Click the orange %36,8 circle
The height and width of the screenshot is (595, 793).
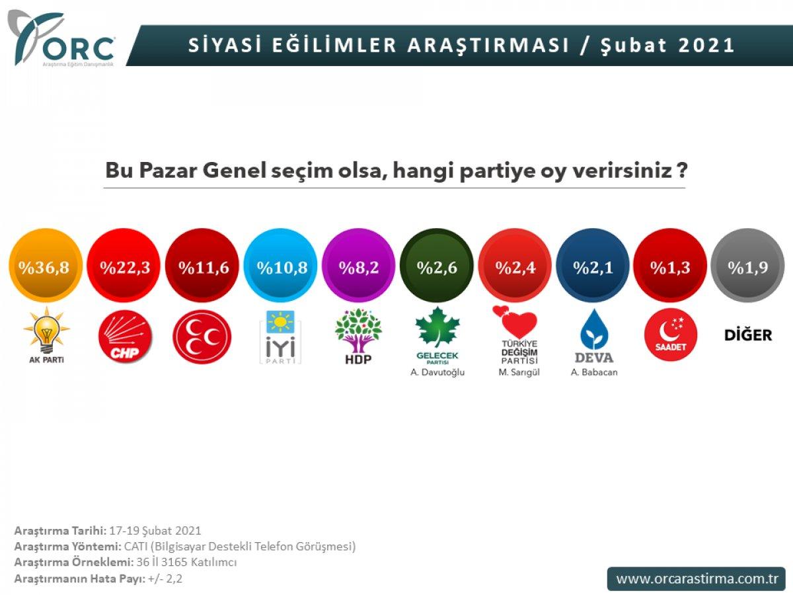(45, 267)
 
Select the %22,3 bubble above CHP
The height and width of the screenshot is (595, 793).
(124, 267)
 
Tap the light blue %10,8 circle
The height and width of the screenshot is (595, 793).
(280, 267)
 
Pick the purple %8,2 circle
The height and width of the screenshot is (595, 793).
(358, 267)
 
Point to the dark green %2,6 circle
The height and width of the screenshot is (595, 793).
(436, 267)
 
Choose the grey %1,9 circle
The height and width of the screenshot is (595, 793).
(748, 267)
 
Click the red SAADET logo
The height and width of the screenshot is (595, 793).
(669, 337)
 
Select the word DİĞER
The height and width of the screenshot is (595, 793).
(748, 335)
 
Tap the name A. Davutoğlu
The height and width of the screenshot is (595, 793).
(437, 372)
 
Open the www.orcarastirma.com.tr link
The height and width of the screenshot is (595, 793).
(696, 578)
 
